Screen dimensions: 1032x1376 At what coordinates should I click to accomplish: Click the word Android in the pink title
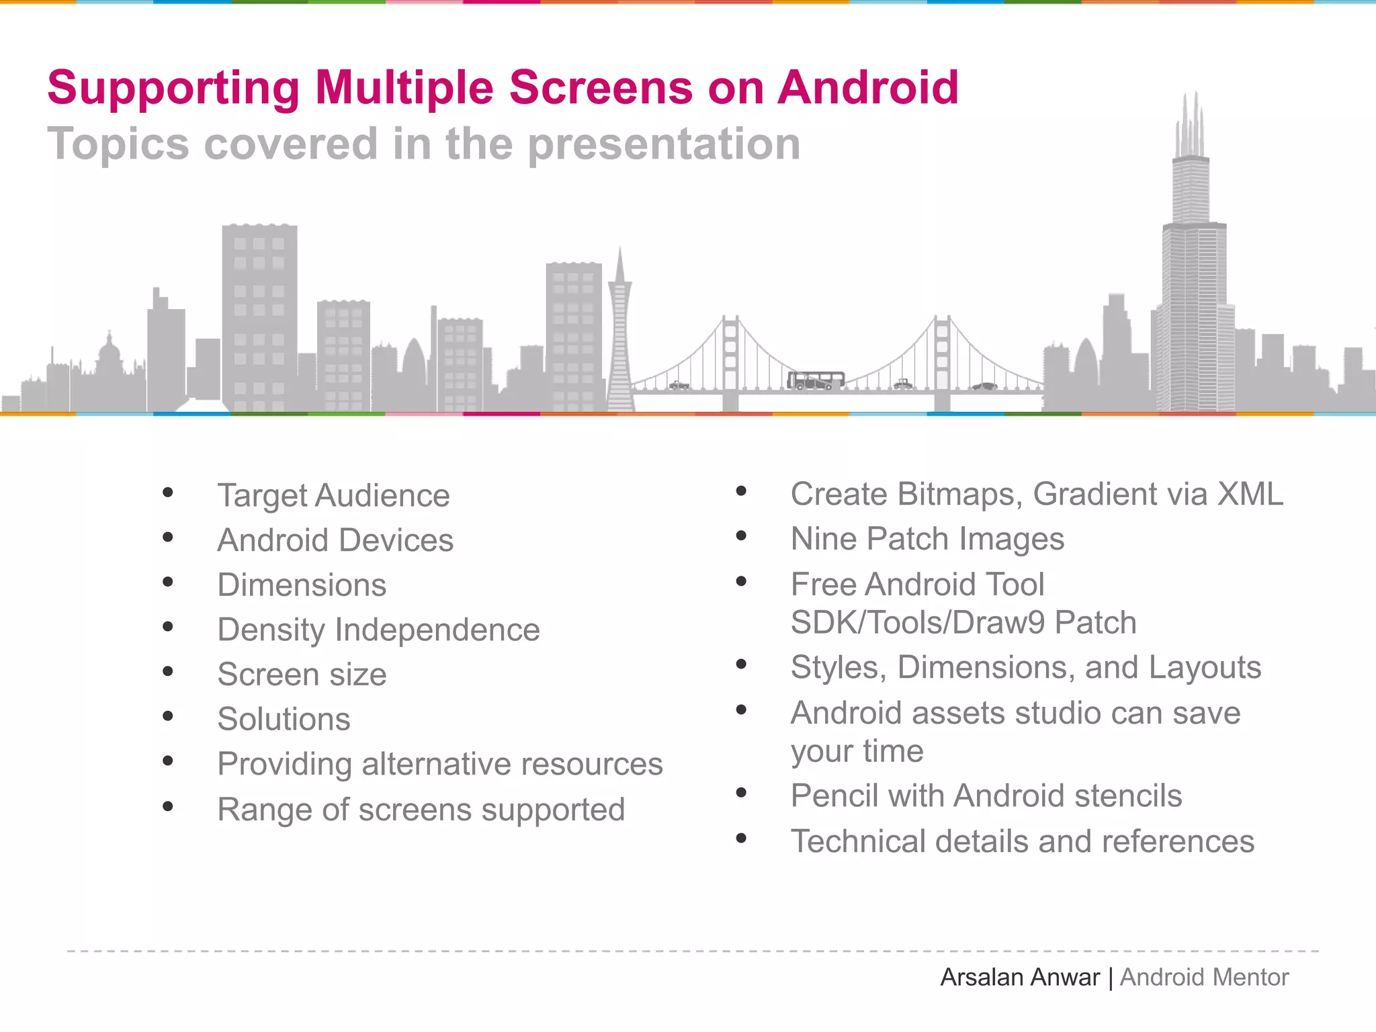point(867,88)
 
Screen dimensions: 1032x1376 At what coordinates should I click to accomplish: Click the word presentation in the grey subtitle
point(664,144)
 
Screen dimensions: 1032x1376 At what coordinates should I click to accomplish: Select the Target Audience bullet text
point(333,496)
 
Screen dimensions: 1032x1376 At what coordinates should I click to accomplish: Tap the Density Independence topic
point(378,630)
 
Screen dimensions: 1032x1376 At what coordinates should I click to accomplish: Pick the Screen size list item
point(302,675)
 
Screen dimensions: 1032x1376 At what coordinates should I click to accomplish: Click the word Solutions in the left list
point(284,720)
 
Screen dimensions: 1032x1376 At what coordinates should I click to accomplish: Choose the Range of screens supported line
point(421,810)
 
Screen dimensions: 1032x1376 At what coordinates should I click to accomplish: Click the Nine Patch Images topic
point(927,539)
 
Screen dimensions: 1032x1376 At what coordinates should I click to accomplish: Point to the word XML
point(1250,494)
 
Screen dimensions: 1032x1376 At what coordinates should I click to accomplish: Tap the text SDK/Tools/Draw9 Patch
point(963,623)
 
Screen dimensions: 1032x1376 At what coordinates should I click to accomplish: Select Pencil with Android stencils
point(986,796)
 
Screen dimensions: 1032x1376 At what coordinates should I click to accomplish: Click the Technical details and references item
point(1022,842)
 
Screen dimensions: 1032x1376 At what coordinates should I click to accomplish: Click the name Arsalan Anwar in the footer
point(1019,978)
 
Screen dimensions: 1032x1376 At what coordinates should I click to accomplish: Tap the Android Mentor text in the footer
point(1204,978)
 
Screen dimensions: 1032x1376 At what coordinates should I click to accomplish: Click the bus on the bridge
point(816,381)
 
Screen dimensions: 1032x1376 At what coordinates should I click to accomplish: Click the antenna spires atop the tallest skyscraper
point(1190,128)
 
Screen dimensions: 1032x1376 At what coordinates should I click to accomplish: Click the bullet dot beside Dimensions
point(168,582)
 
